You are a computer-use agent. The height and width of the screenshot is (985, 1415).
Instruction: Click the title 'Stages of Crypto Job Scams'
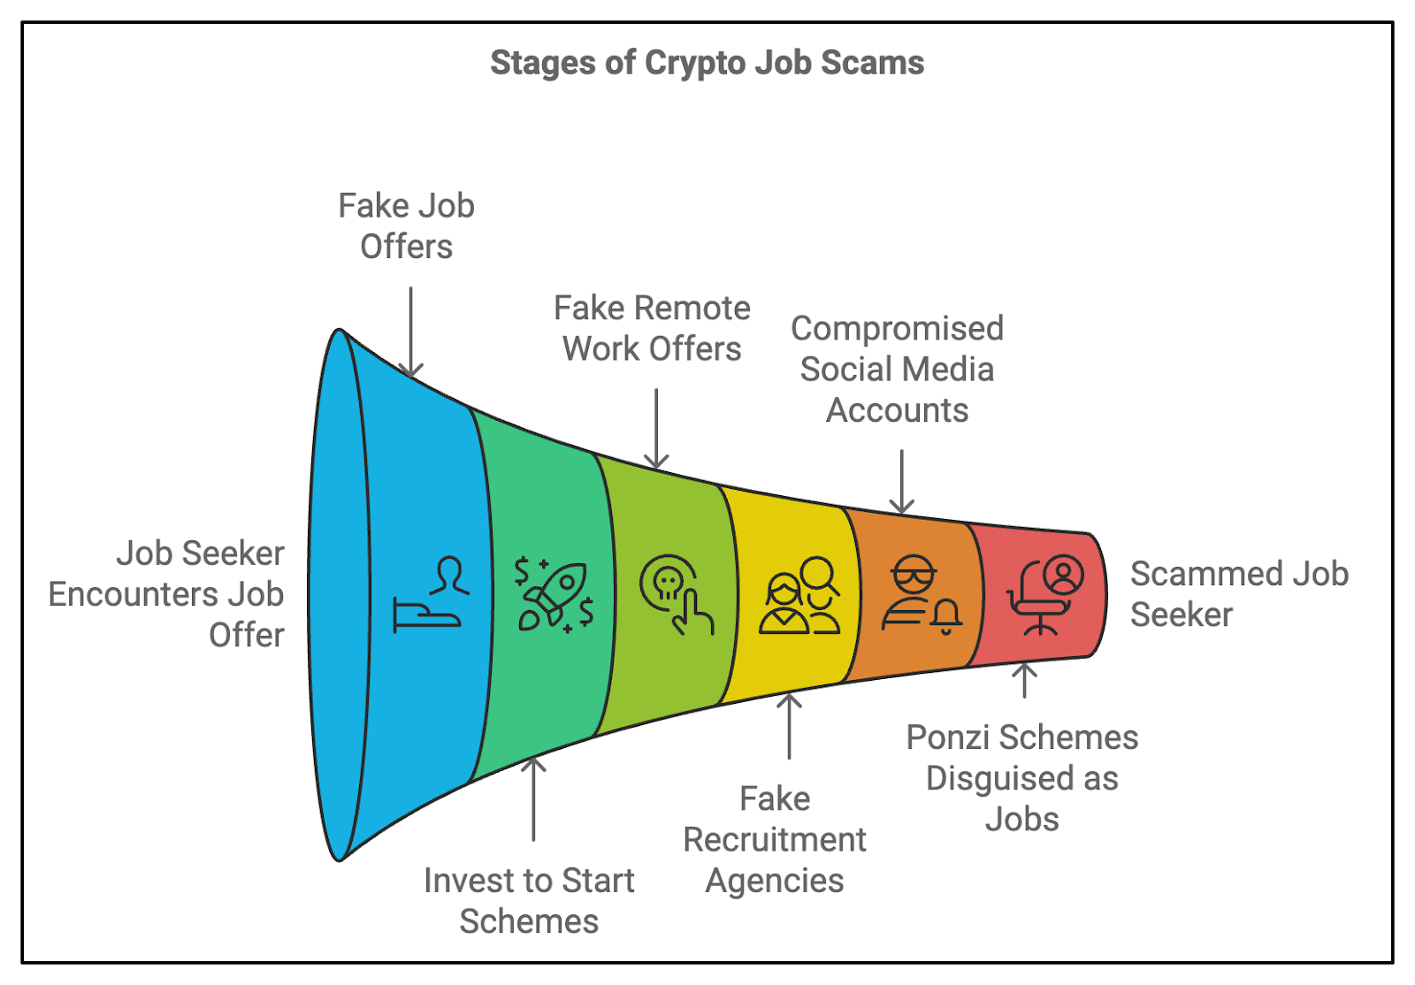[707, 63]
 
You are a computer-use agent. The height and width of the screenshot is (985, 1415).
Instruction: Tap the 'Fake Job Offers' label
[407, 226]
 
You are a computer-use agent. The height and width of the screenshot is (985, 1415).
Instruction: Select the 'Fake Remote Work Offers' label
[652, 328]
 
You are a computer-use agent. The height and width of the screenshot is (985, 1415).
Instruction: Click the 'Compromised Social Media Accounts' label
[897, 369]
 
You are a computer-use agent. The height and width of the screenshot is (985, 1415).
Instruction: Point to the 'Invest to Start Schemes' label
[529, 900]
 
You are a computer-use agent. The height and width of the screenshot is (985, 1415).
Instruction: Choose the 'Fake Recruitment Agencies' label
[775, 839]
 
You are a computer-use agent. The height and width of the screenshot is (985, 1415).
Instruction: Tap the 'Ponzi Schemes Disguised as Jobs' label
[1022, 778]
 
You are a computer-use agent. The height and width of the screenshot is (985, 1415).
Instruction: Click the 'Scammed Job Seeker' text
[1238, 593]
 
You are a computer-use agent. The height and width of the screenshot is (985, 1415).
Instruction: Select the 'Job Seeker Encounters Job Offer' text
[168, 593]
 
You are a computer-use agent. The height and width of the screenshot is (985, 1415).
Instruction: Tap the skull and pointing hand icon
[677, 593]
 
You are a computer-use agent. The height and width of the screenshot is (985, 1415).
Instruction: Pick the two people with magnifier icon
[799, 595]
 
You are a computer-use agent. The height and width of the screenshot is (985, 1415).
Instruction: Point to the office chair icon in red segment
[1044, 595]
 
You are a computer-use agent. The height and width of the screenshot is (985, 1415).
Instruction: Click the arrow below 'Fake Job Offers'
[410, 332]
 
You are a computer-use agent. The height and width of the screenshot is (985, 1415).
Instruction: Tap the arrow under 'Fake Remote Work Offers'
[656, 429]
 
